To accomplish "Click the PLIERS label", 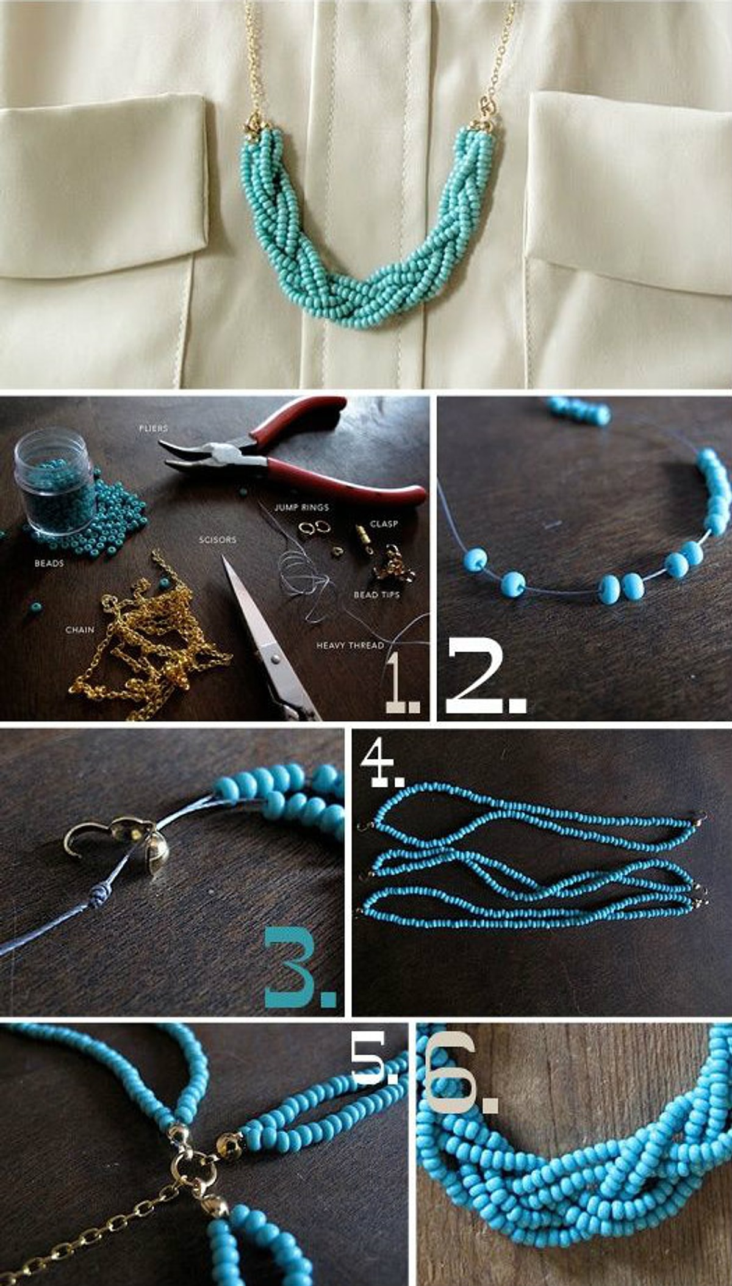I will [153, 428].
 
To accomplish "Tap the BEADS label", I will [49, 563].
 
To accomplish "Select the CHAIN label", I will [80, 629].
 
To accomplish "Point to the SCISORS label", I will [217, 540].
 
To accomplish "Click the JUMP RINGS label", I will [301, 507].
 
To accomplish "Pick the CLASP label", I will [384, 524].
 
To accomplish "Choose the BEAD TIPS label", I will [377, 594].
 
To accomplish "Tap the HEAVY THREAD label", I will [350, 645].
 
